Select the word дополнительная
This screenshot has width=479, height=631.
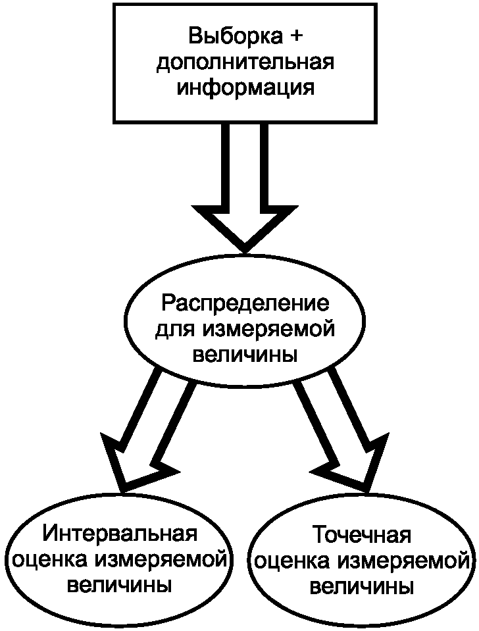[245, 63]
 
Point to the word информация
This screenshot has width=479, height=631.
[245, 88]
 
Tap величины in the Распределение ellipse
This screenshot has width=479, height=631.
[245, 354]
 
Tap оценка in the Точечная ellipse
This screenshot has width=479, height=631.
[291, 561]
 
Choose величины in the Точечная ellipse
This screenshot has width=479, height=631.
[362, 586]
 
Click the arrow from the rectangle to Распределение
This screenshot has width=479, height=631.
[245, 191]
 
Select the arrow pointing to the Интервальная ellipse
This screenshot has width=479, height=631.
[148, 434]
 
